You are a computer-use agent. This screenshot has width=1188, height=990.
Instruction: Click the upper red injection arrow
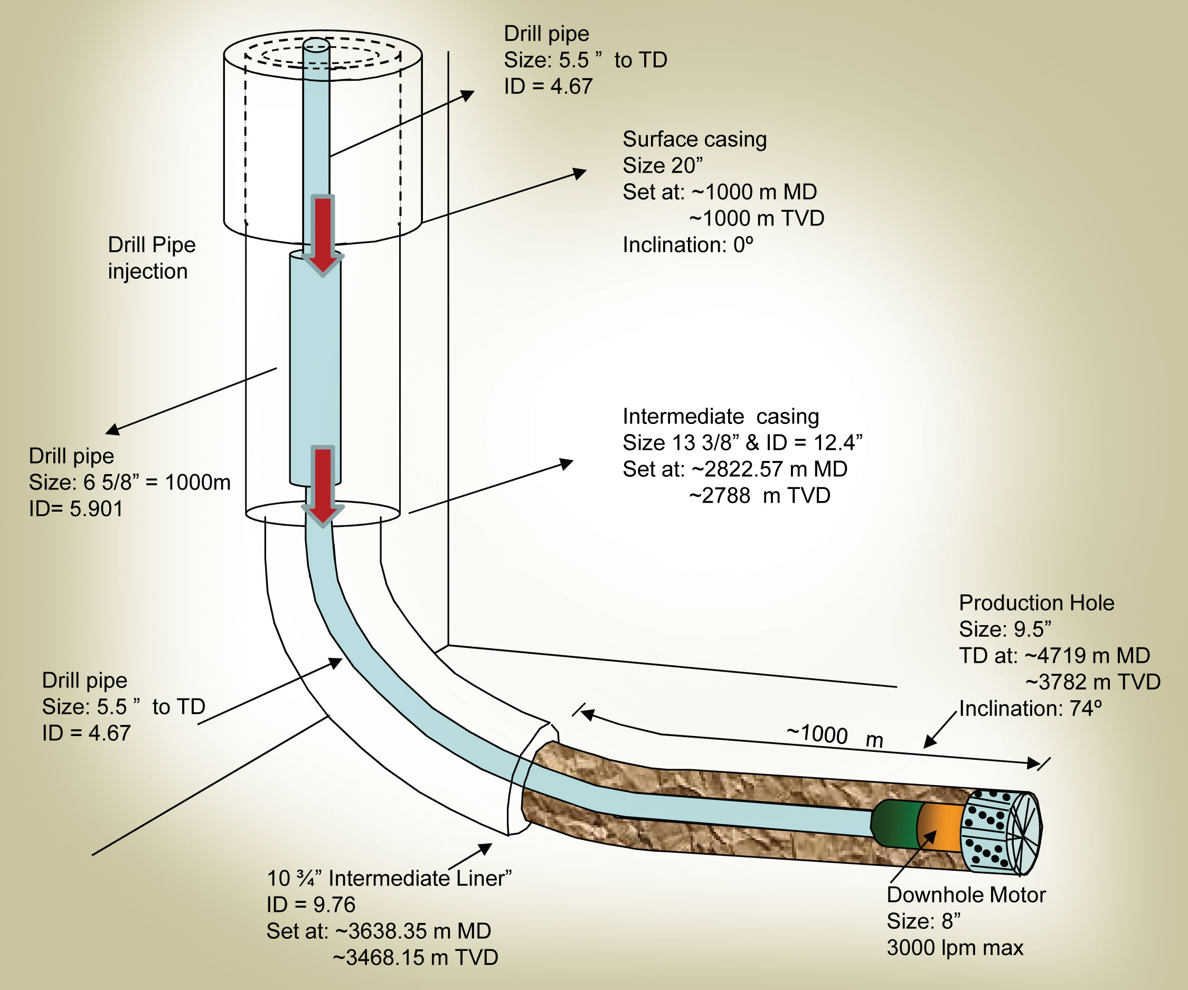coord(323,233)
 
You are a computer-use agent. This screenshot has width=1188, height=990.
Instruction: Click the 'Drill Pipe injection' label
coord(151,258)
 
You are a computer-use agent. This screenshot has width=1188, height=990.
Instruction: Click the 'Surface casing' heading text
coord(694,139)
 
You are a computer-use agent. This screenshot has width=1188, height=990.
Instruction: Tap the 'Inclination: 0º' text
coord(688,245)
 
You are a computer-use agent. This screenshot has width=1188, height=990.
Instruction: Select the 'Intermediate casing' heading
coord(721,417)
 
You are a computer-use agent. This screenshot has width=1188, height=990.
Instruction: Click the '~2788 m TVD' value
coord(759,496)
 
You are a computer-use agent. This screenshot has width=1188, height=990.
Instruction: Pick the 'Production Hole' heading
coord(1036,602)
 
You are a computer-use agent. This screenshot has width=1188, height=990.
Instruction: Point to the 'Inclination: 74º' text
coord(1030,708)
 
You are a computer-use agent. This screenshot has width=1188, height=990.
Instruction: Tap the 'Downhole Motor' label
coord(966,894)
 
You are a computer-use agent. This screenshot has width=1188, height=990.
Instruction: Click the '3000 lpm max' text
coord(955,948)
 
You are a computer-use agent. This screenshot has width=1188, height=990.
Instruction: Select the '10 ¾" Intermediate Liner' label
coord(389,878)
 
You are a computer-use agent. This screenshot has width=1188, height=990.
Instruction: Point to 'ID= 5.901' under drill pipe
coord(76,508)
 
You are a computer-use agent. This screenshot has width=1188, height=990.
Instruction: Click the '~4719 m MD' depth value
coord(1087,655)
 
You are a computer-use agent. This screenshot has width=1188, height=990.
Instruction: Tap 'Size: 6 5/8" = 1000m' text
coord(129,482)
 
